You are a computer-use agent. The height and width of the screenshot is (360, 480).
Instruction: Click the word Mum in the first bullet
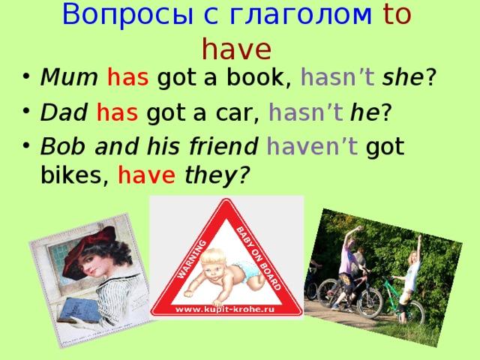pyautogui.click(x=69, y=77)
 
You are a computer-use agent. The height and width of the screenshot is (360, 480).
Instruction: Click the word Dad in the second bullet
pyautogui.click(x=64, y=112)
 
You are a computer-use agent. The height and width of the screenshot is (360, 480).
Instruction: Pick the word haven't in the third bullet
pyautogui.click(x=312, y=146)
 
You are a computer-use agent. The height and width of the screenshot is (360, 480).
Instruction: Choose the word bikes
pyautogui.click(x=70, y=175)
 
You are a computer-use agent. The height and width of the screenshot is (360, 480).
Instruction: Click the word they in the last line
pyautogui.click(x=211, y=175)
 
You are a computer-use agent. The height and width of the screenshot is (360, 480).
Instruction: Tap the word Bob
pyautogui.click(x=63, y=146)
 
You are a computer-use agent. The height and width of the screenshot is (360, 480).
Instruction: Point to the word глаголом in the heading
pyautogui.click(x=300, y=14)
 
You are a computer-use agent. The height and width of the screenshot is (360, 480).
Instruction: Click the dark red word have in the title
pyautogui.click(x=237, y=49)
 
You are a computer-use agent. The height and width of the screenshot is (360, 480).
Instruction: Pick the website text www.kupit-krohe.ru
pyautogui.click(x=224, y=309)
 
